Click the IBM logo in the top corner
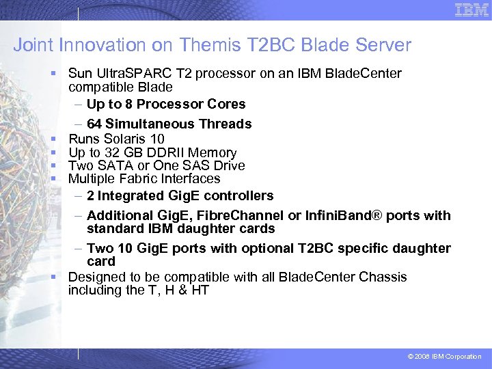tap(472, 10)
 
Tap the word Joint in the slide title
tap(33, 46)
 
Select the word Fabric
tap(134, 178)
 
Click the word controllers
tap(238, 195)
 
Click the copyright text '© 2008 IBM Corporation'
tap(444, 357)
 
